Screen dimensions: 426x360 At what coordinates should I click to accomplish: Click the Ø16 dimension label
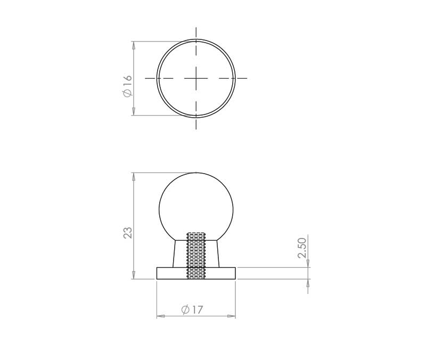coord(127,86)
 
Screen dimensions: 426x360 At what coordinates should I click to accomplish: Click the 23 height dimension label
coord(127,233)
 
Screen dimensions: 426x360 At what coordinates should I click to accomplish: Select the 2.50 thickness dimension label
coord(302,248)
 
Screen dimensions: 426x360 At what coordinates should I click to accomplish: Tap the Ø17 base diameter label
coord(192,309)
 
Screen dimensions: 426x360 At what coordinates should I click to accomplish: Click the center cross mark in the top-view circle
coord(196,78)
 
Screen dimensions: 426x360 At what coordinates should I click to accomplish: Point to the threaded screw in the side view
coord(196,256)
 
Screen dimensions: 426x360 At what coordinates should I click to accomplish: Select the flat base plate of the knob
coord(196,273)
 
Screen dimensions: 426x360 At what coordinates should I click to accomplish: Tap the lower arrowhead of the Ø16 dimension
coord(134,111)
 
